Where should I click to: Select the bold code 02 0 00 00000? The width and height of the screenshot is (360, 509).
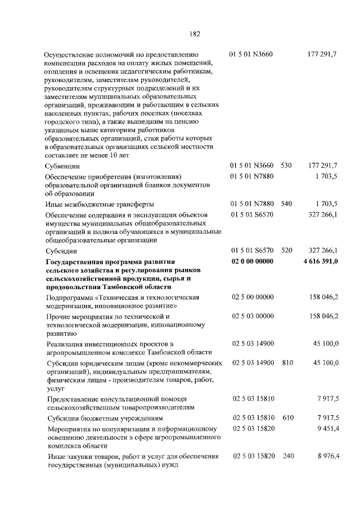252,262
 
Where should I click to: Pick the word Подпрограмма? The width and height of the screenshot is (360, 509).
70,297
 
